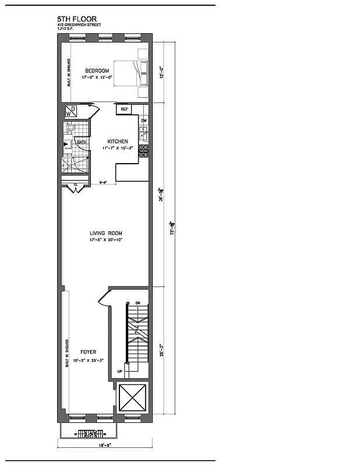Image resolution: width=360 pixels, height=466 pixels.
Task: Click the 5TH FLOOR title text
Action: point(77,19)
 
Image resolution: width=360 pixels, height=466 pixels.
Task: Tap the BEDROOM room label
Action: point(97,72)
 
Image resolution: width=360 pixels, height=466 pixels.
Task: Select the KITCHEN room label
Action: point(118,142)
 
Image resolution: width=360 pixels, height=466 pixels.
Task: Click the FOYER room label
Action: point(88,352)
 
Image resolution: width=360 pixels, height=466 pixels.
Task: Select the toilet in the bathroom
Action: point(70,128)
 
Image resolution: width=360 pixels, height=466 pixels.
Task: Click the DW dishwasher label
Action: point(143,121)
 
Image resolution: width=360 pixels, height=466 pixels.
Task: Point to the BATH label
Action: point(81,143)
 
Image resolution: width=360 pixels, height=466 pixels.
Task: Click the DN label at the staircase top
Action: point(137,303)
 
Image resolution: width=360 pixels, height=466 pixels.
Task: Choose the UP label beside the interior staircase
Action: point(120,371)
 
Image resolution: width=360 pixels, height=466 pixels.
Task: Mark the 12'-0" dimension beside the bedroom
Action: point(163,72)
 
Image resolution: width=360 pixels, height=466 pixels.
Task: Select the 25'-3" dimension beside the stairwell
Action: point(163,351)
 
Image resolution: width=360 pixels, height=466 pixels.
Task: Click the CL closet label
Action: point(76,185)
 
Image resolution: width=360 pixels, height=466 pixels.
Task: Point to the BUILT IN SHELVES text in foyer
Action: point(68,353)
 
